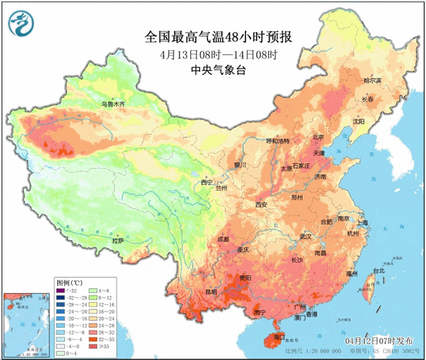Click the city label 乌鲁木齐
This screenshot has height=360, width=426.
pos(112,104)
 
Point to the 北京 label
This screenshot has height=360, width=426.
pos(319,138)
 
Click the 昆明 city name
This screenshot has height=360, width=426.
pos(212,291)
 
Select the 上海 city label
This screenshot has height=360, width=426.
pos(363,222)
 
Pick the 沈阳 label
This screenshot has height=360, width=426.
pos(359,121)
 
